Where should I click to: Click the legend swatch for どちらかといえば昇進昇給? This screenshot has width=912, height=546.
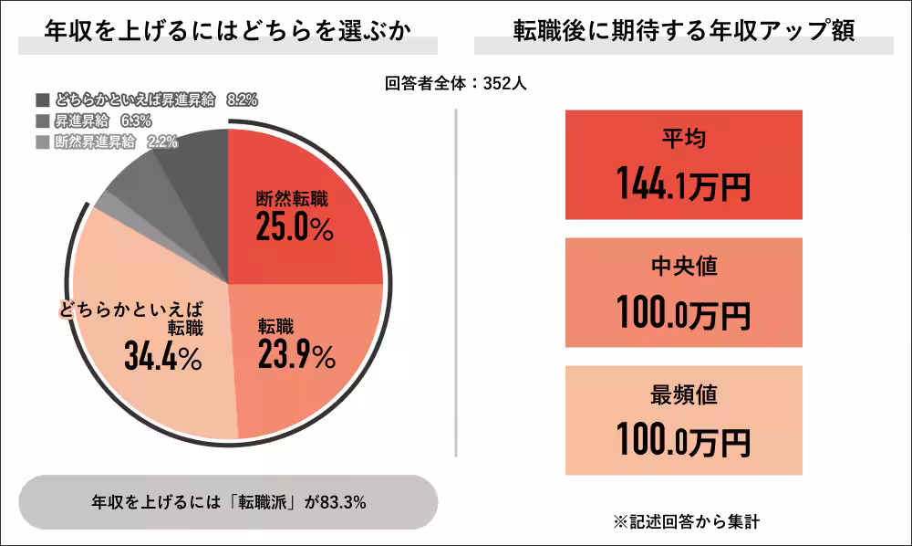pyautogui.click(x=43, y=100)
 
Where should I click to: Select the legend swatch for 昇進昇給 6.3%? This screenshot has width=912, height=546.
pyautogui.click(x=43, y=121)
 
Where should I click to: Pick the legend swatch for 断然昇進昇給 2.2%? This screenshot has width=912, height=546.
pyautogui.click(x=43, y=142)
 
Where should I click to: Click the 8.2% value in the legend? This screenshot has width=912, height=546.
pyautogui.click(x=242, y=100)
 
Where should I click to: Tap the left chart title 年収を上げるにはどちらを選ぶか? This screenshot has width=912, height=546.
pyautogui.click(x=227, y=30)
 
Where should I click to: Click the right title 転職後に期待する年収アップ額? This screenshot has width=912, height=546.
pyautogui.click(x=683, y=30)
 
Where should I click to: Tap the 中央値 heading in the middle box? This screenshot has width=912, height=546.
pyautogui.click(x=683, y=267)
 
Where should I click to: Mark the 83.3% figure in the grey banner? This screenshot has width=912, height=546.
pyautogui.click(x=342, y=502)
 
